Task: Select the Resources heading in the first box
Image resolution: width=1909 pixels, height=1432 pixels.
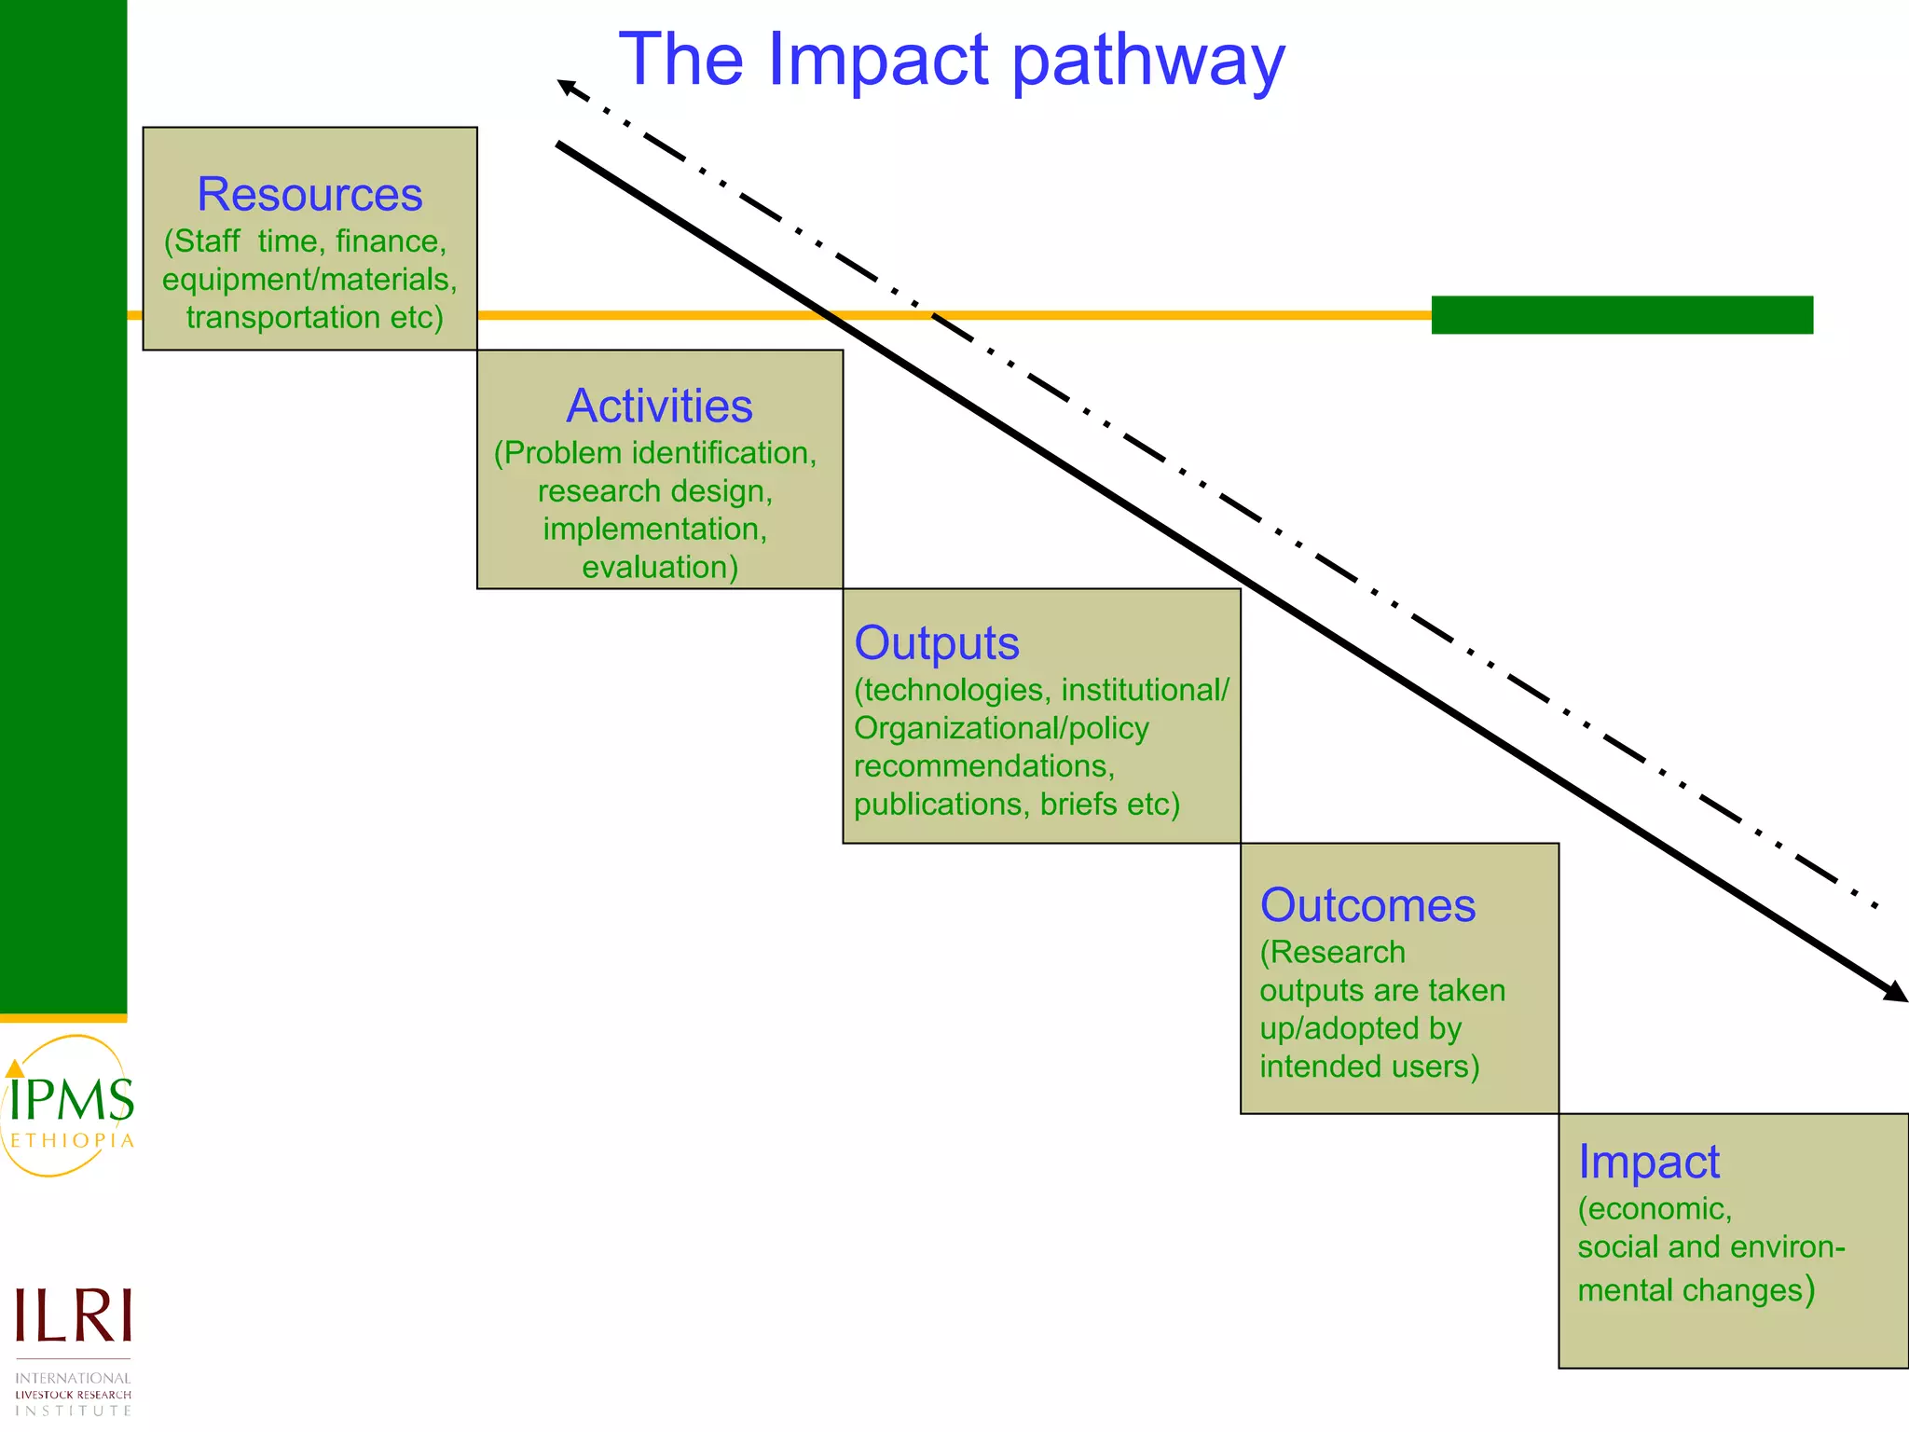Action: point(309,195)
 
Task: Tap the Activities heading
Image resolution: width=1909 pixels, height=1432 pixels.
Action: point(659,406)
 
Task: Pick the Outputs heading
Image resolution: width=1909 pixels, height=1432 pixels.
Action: point(937,643)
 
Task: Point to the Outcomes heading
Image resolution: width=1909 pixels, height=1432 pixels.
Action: point(1367,905)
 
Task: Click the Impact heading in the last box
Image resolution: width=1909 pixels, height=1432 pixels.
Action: point(1648,1162)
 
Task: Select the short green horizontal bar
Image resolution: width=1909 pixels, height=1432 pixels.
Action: point(1622,315)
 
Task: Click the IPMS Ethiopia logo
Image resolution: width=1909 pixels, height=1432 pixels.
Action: point(69,1107)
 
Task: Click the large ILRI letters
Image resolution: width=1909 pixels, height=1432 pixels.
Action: point(74,1315)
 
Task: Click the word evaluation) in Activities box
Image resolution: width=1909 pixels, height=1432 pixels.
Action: point(660,568)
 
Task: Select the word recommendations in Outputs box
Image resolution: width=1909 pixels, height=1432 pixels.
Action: point(983,766)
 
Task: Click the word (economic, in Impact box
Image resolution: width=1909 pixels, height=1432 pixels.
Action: point(1655,1209)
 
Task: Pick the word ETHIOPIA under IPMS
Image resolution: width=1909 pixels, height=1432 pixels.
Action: point(72,1141)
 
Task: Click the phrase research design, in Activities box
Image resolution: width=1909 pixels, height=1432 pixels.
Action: point(655,491)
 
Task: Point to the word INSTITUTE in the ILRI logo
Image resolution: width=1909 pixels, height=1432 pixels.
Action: point(74,1411)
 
